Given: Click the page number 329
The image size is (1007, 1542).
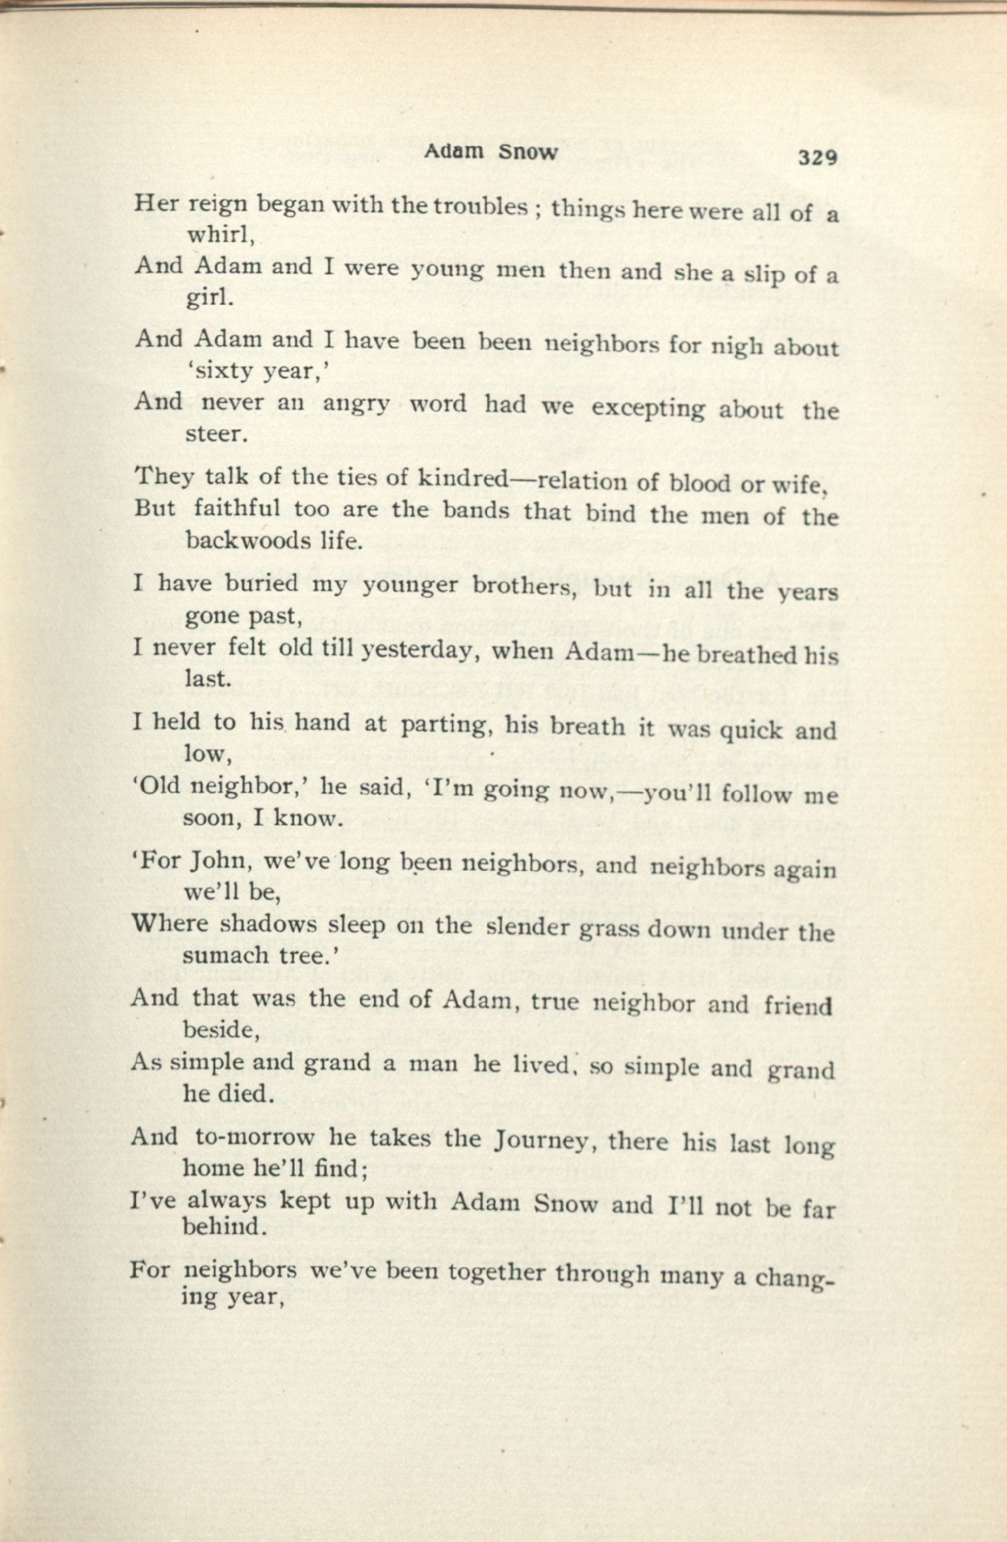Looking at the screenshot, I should coord(819,158).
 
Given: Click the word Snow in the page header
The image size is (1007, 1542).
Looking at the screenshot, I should coord(528,153).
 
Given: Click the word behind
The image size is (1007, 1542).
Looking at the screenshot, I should coord(222,1226).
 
